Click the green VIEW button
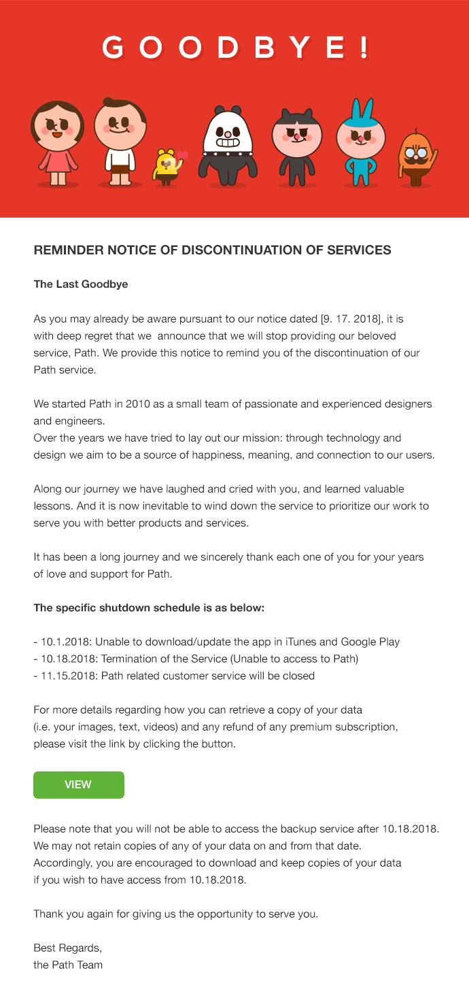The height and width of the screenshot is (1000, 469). tap(78, 784)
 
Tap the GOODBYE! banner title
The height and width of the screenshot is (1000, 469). tap(234, 48)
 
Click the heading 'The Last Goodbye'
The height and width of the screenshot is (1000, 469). tap(81, 284)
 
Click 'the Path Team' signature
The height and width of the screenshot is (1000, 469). tap(68, 965)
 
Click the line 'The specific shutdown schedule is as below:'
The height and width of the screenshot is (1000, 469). tap(149, 607)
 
